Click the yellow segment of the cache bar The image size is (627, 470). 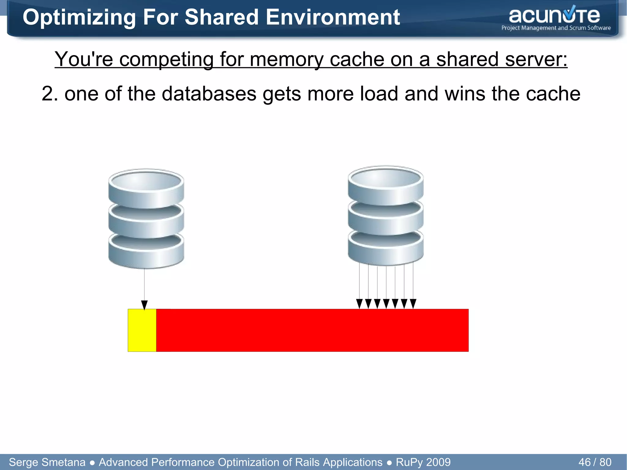point(142,330)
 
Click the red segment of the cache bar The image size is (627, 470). point(312,330)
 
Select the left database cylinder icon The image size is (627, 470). point(146,219)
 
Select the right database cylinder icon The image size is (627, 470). point(385,216)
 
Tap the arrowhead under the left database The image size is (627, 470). point(145,305)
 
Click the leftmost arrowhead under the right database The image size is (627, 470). point(359,304)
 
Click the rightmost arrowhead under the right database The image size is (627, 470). point(413,304)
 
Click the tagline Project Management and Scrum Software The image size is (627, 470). point(556,28)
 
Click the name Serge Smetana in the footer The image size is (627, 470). point(47,462)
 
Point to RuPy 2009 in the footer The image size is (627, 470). point(423,462)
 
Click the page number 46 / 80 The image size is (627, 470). point(595,462)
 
